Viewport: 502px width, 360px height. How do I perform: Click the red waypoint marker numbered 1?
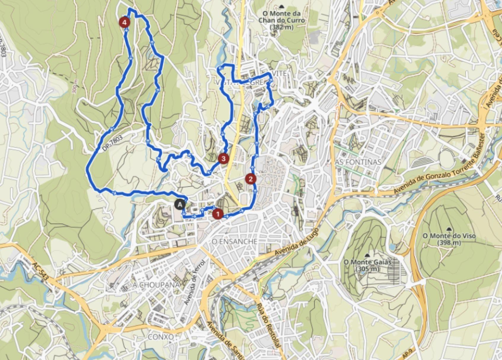218,214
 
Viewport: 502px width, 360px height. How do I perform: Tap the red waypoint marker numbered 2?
251,179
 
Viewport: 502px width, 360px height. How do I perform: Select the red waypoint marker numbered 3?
223,159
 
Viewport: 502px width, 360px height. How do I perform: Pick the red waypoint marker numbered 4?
124,22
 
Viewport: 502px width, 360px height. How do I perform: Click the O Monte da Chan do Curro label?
281,20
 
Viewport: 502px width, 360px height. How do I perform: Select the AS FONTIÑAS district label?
358,162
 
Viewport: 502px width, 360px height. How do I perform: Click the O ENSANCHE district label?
234,242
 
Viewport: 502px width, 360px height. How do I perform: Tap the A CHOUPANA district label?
156,285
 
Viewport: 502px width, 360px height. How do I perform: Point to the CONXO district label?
161,337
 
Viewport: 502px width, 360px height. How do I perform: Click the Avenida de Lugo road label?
296,242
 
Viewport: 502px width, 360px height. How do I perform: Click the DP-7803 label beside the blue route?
112,144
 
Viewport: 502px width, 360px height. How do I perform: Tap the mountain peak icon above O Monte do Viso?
450,229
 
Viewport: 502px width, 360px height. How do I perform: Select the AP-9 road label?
407,354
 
